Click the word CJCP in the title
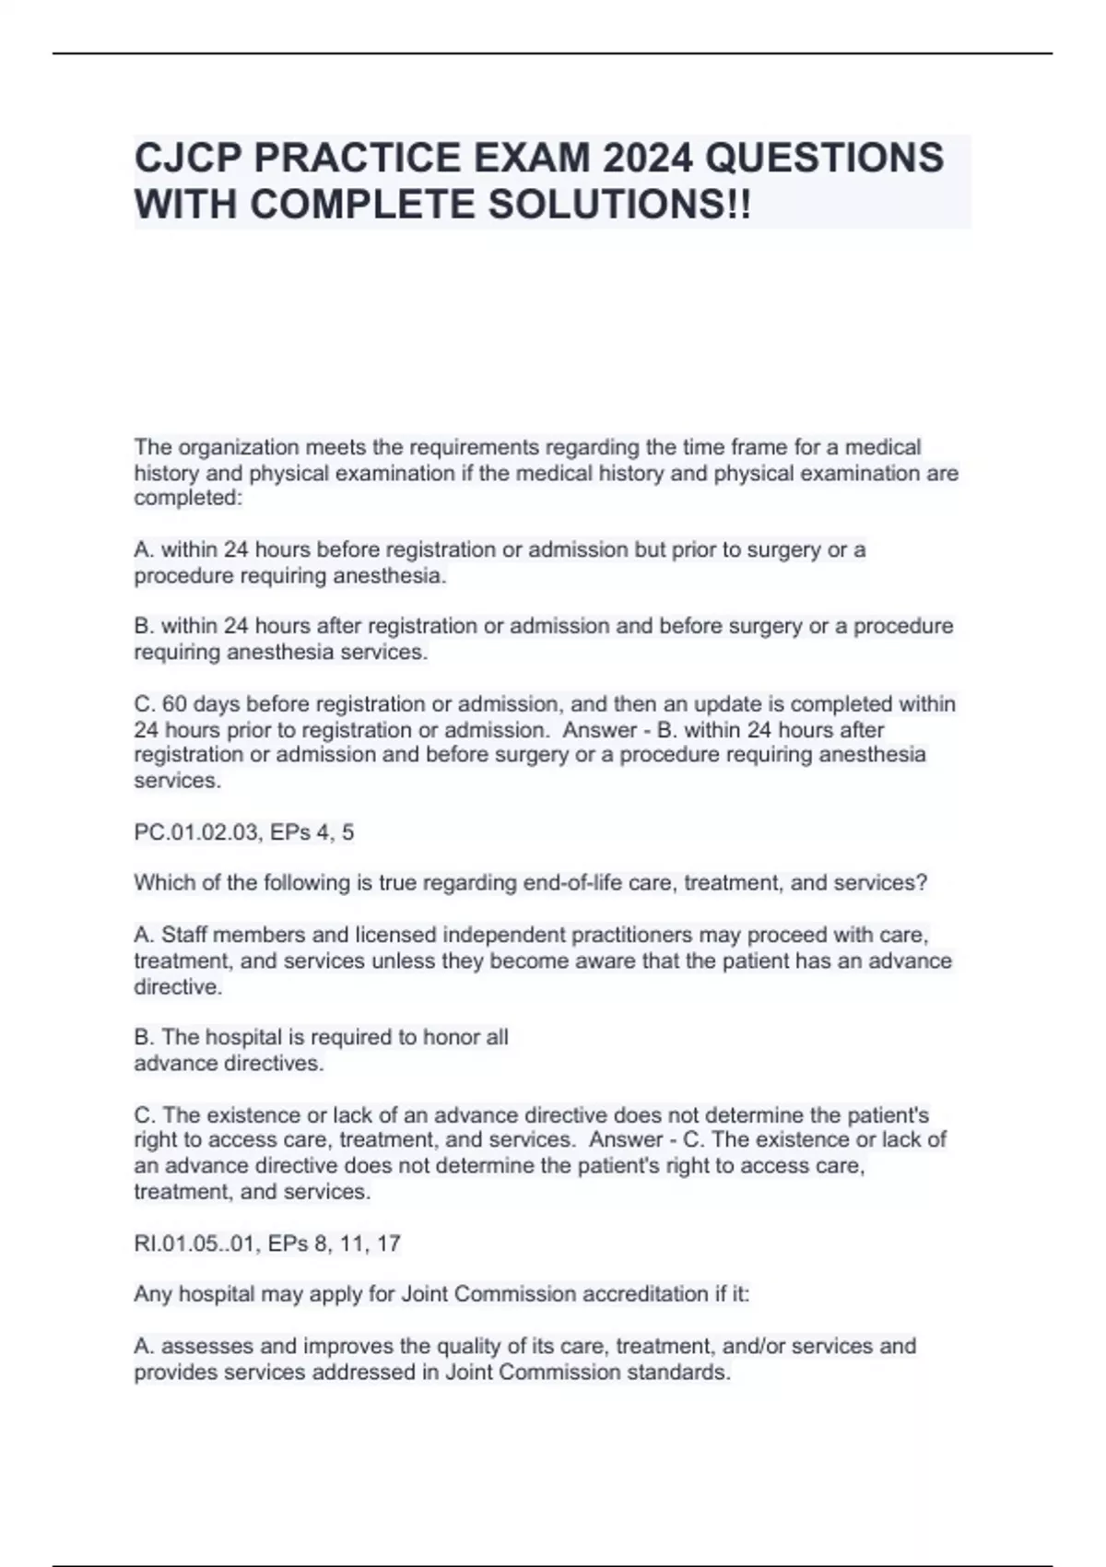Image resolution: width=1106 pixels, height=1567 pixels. [x=187, y=158]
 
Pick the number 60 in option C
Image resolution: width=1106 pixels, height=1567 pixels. [x=174, y=704]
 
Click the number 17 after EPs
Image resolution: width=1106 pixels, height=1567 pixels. [x=388, y=1243]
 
